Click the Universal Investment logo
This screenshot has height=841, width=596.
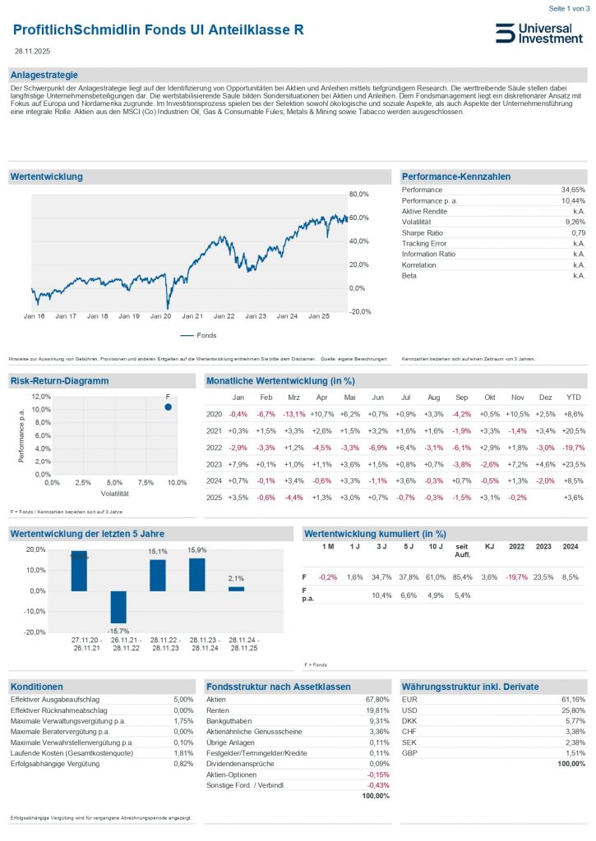[x=539, y=33]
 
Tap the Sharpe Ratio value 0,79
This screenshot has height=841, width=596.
[x=577, y=232]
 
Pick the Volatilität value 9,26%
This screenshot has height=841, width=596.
[x=575, y=222]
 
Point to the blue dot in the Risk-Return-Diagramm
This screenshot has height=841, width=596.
[x=168, y=407]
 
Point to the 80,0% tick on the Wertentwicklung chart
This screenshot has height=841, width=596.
[x=360, y=195]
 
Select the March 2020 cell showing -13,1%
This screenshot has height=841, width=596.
[x=293, y=414]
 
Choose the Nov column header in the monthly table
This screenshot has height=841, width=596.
[x=517, y=397]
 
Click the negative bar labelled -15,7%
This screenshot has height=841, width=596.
[x=118, y=607]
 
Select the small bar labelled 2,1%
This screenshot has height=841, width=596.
[x=236, y=589]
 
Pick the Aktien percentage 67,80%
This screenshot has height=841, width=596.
[x=377, y=699]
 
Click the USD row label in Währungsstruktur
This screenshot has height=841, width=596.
[x=409, y=710]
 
